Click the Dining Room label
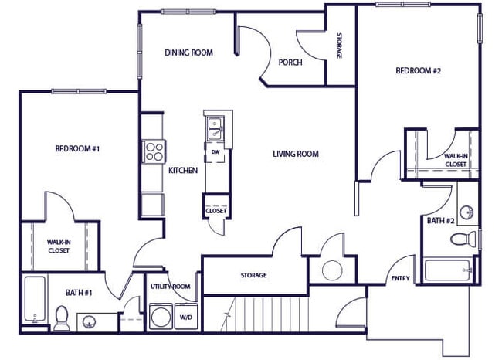pyautogui.click(x=189, y=53)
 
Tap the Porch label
pyautogui.click(x=290, y=63)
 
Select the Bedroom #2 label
pyautogui.click(x=418, y=71)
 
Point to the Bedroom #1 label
pyautogui.click(x=77, y=148)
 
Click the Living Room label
pyautogui.click(x=296, y=154)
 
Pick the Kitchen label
pyautogui.click(x=183, y=170)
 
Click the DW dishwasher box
pyautogui.click(x=215, y=152)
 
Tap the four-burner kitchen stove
pyautogui.click(x=152, y=150)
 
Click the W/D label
pyautogui.click(x=185, y=317)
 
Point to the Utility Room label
pyautogui.click(x=169, y=287)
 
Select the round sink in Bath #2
pyautogui.click(x=466, y=212)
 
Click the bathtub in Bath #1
pyautogui.click(x=34, y=300)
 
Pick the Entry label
pyautogui.click(x=401, y=279)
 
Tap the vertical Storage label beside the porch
pyautogui.click(x=339, y=46)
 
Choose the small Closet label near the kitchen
pyautogui.click(x=215, y=210)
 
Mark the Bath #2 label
pyautogui.click(x=441, y=221)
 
